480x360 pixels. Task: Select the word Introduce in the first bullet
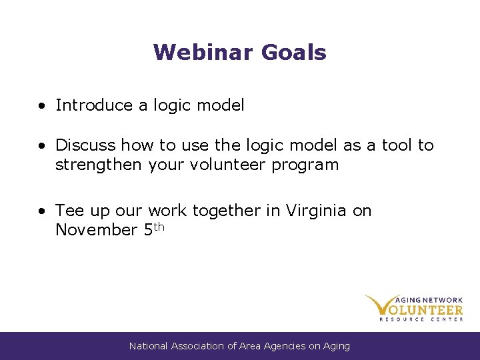click(85, 105)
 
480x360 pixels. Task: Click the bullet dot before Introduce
click(42, 106)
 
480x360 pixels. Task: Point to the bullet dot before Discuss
click(42, 146)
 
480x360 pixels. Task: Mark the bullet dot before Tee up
click(42, 211)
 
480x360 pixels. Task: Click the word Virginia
click(316, 211)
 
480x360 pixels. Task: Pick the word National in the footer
click(149, 346)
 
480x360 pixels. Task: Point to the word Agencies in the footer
click(285, 346)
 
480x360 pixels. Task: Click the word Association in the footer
click(198, 346)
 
